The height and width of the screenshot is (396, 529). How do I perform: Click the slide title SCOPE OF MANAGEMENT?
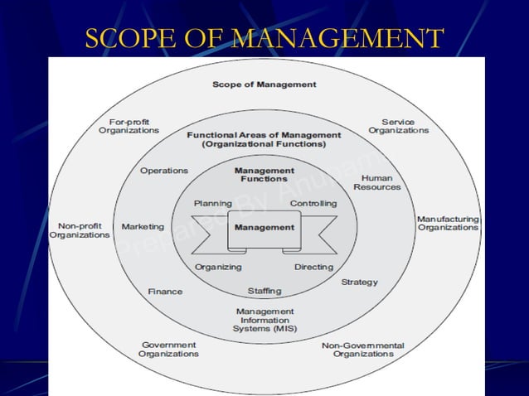[x=264, y=38]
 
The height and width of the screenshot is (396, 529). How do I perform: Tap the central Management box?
[x=264, y=228]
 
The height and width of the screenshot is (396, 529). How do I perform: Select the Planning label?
[x=212, y=203]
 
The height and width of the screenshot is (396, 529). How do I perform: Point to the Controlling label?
[x=313, y=203]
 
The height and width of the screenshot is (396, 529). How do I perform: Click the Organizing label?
[x=218, y=267]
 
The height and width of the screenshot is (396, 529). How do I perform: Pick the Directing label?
[x=313, y=267]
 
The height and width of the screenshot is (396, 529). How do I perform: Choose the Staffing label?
[x=264, y=291]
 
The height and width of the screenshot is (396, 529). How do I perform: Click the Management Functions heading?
[x=264, y=175]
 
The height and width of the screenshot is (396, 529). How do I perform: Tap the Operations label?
[x=164, y=171]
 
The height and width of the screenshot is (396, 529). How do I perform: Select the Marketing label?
[x=143, y=226]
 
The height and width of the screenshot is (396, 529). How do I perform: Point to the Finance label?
[x=165, y=292]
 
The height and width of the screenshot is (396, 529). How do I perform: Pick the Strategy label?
[x=359, y=283]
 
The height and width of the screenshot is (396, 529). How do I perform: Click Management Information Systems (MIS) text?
[x=264, y=320]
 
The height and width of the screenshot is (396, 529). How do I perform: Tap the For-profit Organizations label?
[x=129, y=126]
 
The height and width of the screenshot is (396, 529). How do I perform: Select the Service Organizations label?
[x=398, y=126]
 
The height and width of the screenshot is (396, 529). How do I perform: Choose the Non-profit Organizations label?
[x=80, y=230]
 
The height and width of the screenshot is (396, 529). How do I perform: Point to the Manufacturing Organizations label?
[x=448, y=223]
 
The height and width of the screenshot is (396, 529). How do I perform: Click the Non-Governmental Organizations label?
[x=362, y=349]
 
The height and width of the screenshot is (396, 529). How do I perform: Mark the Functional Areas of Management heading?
[x=264, y=139]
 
